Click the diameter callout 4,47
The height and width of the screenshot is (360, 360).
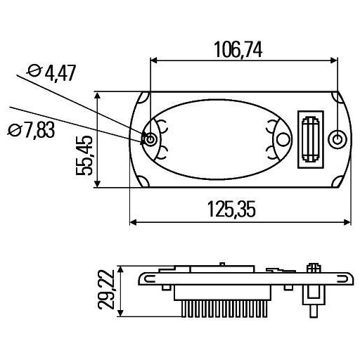click(x=53, y=72)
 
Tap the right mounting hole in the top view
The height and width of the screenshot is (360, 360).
click(x=338, y=139)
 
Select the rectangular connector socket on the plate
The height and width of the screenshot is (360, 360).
click(x=310, y=140)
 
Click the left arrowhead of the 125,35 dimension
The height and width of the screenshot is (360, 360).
click(x=134, y=224)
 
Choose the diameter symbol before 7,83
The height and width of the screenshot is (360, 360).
click(x=13, y=130)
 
